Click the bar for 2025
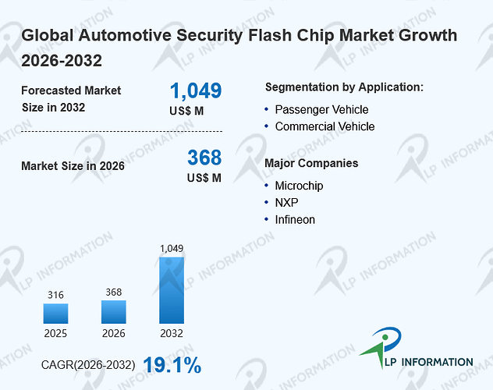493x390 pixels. point(55,314)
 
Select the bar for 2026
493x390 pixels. point(114,312)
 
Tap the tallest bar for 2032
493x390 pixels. point(172,290)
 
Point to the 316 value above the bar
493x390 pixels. point(55,295)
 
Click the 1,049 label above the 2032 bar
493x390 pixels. point(172,249)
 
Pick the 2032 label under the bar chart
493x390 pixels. point(172,333)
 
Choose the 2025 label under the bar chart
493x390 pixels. point(55,333)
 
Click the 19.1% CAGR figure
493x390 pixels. point(172,365)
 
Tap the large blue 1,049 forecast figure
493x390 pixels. point(196,90)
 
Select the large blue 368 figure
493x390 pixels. point(204,157)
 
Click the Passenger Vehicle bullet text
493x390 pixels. point(321,110)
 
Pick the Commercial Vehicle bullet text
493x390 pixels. point(325,126)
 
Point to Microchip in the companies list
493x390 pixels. point(299,186)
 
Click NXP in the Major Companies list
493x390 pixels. point(287,203)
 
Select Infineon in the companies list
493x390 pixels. point(295,220)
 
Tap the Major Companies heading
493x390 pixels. point(311,164)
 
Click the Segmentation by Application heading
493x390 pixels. point(344,87)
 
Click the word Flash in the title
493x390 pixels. point(270,35)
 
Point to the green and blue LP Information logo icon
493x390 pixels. point(381,347)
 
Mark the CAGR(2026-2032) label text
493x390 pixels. point(88,365)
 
